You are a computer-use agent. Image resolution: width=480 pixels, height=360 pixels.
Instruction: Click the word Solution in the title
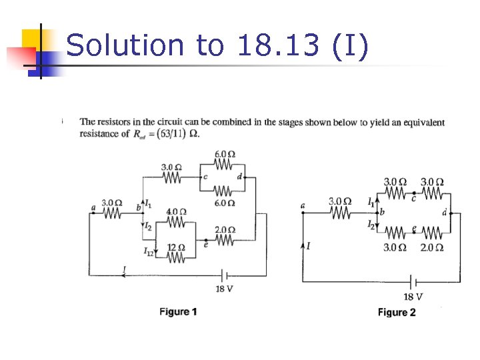125,45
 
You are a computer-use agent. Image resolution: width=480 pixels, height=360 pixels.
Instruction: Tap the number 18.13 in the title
276,45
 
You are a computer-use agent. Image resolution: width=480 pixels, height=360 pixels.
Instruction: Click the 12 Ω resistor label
175,247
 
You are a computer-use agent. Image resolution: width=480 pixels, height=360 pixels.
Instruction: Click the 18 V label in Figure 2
413,297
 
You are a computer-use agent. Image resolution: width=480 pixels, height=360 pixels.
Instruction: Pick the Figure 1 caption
178,311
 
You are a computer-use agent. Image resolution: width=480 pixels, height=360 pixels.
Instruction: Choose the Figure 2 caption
397,312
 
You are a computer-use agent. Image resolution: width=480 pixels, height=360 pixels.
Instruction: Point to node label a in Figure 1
93,208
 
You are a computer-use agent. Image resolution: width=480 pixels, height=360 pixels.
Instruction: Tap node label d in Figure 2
444,213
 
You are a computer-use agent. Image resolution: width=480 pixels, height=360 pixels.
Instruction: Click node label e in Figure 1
205,244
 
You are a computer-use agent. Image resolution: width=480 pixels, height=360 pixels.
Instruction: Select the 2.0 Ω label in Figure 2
432,247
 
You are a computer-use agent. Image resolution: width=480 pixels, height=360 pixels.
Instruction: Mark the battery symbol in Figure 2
413,282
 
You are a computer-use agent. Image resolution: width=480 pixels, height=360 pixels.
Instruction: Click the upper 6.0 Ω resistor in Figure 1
224,165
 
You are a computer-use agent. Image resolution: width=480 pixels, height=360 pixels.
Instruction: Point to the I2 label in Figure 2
371,225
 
